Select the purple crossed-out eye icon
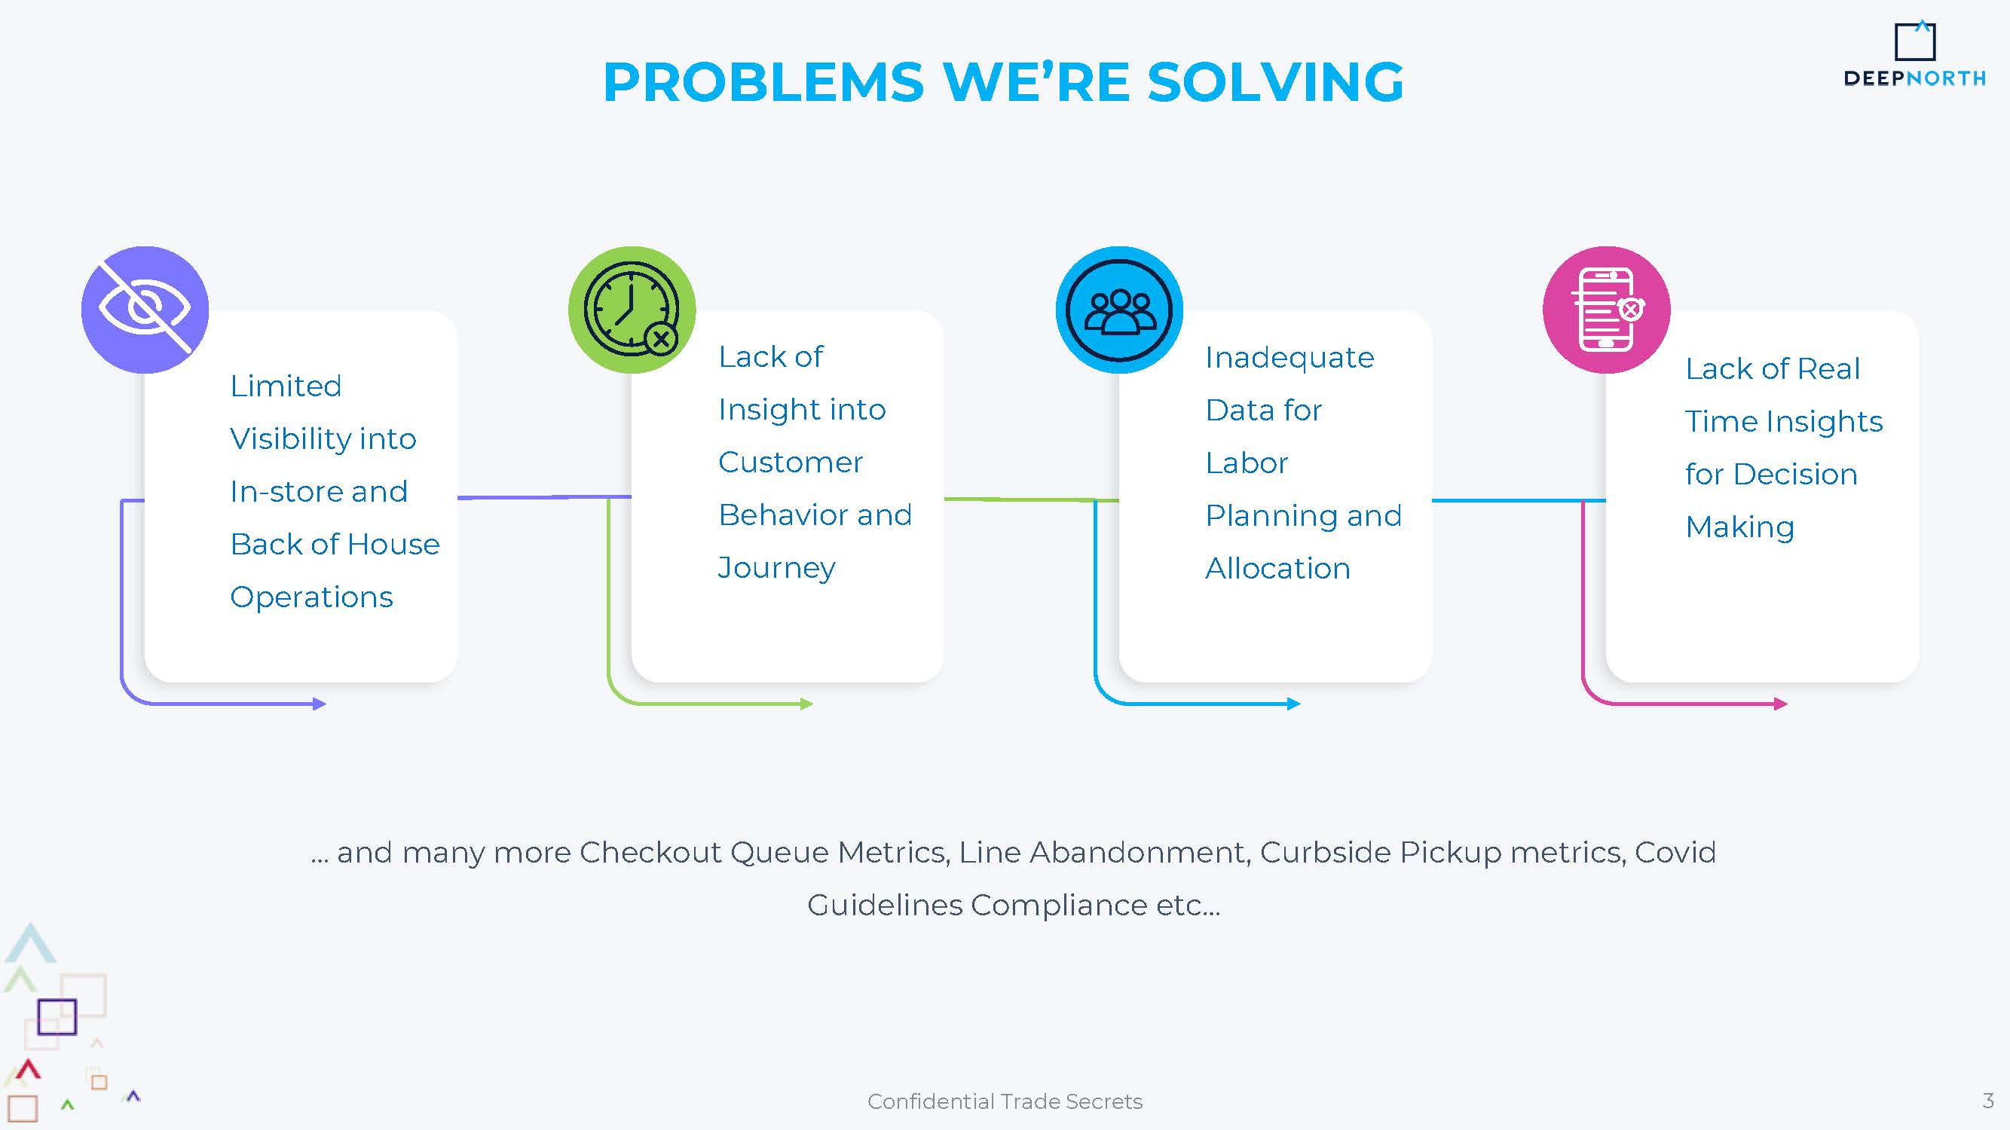(145, 310)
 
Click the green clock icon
(632, 310)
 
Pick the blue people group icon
(1119, 310)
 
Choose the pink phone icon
(1607, 310)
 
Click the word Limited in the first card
(286, 386)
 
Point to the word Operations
(311, 597)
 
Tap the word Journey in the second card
(776, 568)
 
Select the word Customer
(791, 463)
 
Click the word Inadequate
(1290, 358)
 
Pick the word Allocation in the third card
(1278, 569)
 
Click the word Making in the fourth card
(1740, 528)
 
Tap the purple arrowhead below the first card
(320, 704)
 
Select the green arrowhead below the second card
(807, 704)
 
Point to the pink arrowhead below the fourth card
(1781, 704)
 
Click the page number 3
(1988, 1101)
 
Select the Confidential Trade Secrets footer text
(1005, 1101)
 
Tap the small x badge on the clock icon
(662, 339)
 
